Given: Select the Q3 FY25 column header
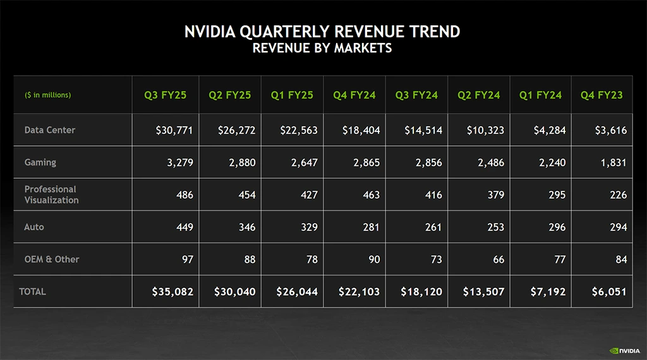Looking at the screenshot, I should click(165, 95).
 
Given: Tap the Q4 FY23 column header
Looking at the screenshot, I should click(602, 95).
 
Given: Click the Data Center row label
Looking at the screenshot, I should click(50, 130).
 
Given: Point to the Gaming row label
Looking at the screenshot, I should click(40, 162).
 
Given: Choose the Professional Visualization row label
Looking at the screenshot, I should click(52, 195).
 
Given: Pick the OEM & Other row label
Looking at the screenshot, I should click(52, 259).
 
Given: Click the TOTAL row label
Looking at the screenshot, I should click(33, 292).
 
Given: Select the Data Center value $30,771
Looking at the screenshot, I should click(174, 131).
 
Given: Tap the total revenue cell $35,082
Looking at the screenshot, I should click(172, 292).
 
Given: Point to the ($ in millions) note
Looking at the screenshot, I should click(48, 95).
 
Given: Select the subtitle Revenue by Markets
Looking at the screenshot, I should click(322, 49).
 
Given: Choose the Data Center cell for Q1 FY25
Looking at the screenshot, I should click(299, 131).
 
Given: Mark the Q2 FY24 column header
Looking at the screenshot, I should click(478, 95).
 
